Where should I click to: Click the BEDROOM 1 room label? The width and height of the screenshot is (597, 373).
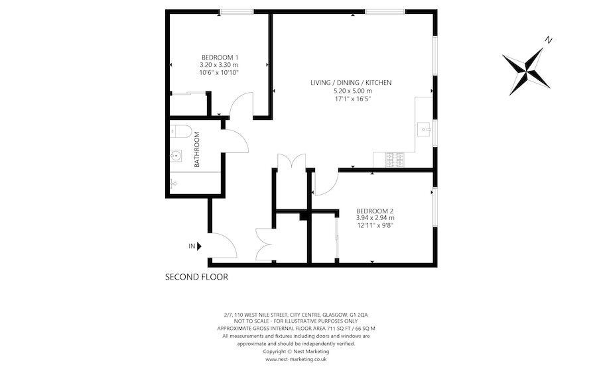219,58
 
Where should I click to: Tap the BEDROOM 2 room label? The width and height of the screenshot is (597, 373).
375,210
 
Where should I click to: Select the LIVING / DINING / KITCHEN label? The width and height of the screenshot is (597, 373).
351,83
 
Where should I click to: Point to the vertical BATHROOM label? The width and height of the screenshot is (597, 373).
197,149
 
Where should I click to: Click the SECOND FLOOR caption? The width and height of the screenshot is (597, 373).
196,278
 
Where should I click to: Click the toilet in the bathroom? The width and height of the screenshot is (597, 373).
179,131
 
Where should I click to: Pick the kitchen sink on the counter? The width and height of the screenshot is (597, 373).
423,128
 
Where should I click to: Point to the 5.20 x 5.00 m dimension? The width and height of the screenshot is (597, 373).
351,91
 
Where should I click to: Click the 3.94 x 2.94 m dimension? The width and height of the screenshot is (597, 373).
375,217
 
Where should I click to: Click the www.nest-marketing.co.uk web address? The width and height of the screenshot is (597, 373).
296,359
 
